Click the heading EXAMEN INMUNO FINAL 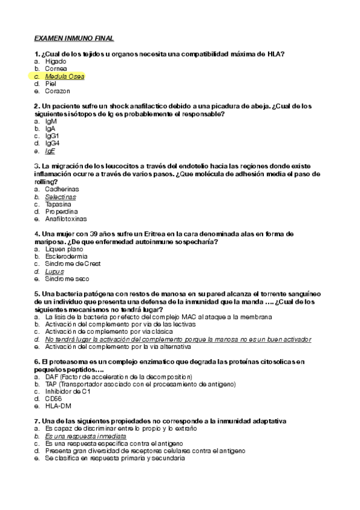click(x=73, y=37)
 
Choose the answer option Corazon click(x=58, y=91)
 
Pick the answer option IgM click(x=51, y=121)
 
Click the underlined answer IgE click(x=50, y=151)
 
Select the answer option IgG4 click(x=52, y=143)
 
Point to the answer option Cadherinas click(x=63, y=189)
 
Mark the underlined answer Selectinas click(x=61, y=197)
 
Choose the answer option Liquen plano click(x=63, y=248)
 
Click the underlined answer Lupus click(x=53, y=271)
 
